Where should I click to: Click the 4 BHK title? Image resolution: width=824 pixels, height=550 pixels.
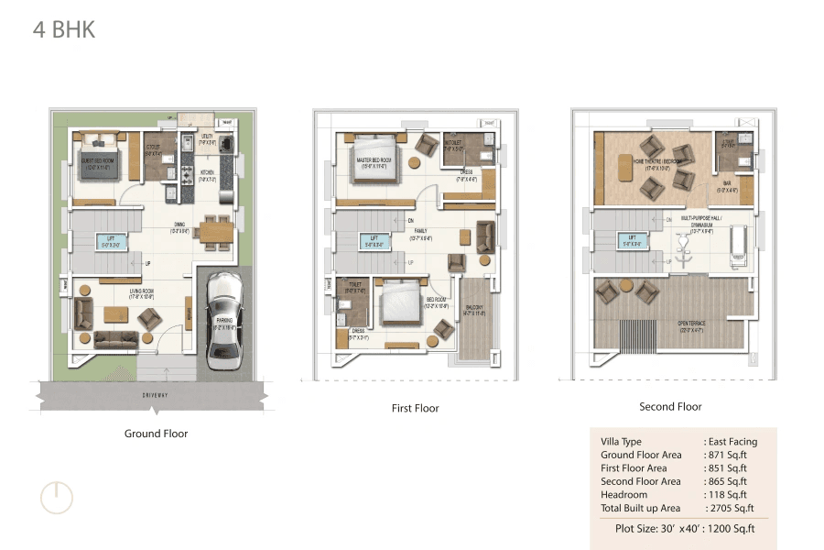coord(64,29)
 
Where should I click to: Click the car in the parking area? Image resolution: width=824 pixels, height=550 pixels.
coord(222,321)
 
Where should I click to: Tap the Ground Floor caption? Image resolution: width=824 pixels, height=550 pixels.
coord(156,434)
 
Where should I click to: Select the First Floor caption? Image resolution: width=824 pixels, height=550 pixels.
coord(415,408)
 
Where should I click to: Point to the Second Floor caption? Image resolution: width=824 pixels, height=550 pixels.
coord(670,406)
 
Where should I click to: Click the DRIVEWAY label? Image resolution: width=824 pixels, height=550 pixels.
coord(154,395)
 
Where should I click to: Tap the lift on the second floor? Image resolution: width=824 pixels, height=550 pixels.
coord(632,242)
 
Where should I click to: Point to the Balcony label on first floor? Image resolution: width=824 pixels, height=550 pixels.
coord(474,309)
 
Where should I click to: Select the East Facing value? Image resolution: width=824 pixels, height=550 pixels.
coord(732,442)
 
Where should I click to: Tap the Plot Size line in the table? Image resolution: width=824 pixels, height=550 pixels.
coord(681,529)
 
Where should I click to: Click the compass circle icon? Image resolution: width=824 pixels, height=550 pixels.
coord(56,498)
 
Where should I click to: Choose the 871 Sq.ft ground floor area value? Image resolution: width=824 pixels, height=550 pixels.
coord(728,455)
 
